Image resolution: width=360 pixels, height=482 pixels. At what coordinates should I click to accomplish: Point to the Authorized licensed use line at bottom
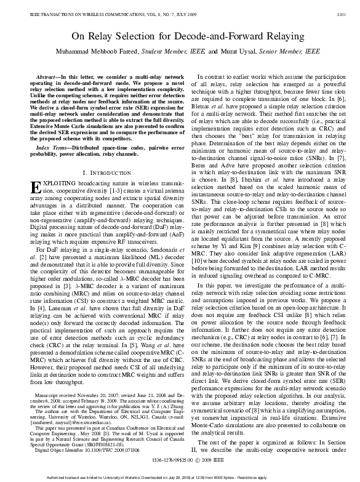point(180,478)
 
